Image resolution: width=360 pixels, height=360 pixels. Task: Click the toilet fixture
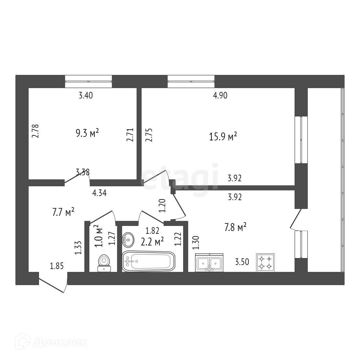104,263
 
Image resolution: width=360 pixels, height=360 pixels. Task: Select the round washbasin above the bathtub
128,240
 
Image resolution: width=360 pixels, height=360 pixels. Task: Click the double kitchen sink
209,262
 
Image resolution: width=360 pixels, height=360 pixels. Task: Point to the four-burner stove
265,262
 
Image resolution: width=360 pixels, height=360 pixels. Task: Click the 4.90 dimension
220,95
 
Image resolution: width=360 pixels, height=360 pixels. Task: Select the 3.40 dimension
86,95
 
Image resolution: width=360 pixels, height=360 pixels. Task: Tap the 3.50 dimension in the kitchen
242,262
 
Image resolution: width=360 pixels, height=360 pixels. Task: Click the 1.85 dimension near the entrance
57,266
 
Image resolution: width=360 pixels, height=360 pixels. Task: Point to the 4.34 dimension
99,193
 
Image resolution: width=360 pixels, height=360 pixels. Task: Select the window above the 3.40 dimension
88,81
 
